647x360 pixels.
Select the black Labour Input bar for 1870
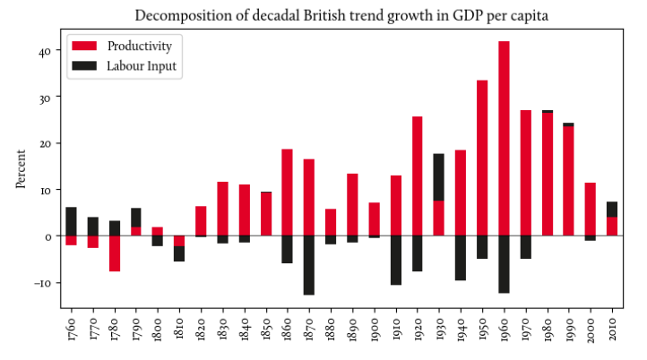(309, 265)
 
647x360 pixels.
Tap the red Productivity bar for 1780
(115, 253)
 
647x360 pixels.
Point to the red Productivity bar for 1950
(482, 158)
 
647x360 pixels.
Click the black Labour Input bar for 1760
(72, 221)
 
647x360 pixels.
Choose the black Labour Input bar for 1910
(395, 260)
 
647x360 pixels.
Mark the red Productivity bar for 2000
(590, 209)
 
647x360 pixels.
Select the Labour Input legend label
(142, 65)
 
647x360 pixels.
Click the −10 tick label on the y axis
(42, 283)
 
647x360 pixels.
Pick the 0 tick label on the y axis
(48, 236)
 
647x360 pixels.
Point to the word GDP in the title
(430, 15)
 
